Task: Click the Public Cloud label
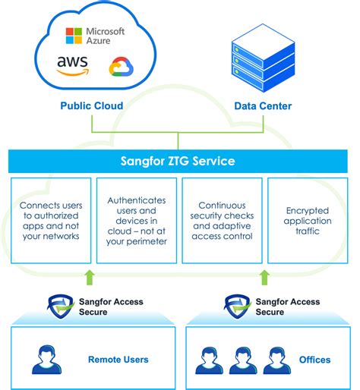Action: pos(92,106)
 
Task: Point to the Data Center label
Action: pos(261,106)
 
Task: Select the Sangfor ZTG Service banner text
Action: pos(179,161)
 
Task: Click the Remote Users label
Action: pos(118,359)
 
